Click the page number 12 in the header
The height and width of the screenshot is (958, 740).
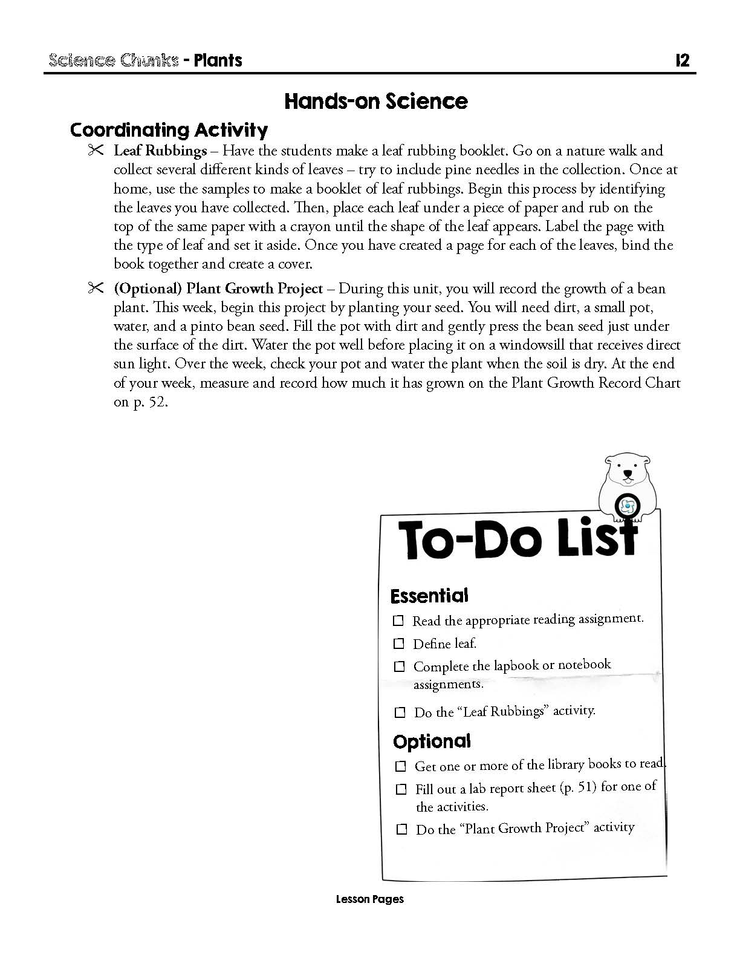point(682,60)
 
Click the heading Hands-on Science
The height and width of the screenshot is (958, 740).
point(375,101)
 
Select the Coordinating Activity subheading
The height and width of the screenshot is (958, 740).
point(169,130)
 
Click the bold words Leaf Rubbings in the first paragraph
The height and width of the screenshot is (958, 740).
point(160,151)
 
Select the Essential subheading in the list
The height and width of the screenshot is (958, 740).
point(429,596)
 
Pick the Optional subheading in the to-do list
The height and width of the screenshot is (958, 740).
point(432,741)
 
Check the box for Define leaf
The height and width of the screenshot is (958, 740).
point(399,644)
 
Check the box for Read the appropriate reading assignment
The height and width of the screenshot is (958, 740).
point(398,621)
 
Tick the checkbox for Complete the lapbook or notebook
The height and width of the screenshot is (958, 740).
point(399,666)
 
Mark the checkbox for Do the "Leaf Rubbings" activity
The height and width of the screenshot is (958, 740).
point(400,712)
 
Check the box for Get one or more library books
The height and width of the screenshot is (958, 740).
point(400,766)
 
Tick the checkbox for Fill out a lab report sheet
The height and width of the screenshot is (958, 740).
point(401,789)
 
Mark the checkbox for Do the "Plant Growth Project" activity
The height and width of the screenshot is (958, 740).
point(401,829)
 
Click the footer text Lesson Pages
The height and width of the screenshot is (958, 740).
point(369,899)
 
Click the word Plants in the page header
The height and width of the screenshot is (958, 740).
point(218,60)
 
